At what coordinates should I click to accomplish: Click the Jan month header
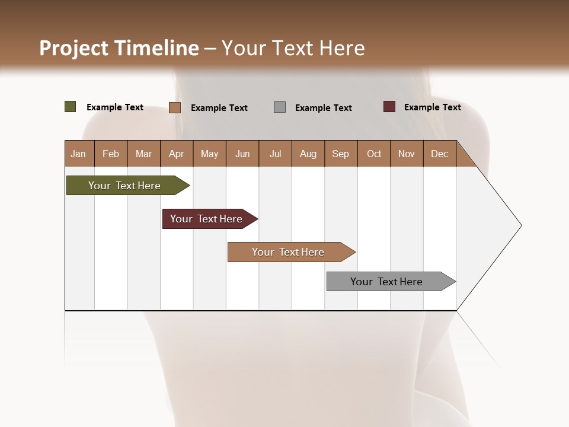click(78, 154)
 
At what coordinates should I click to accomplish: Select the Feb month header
click(111, 154)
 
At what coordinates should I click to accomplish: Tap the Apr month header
click(176, 154)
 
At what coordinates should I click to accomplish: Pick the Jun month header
click(242, 154)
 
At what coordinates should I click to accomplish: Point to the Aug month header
click(308, 154)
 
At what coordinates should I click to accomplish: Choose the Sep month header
click(340, 154)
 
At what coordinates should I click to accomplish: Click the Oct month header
click(374, 154)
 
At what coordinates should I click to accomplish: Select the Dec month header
click(439, 154)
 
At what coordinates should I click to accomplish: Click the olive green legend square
click(70, 107)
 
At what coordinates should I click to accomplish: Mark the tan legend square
click(175, 107)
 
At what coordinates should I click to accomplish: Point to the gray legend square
click(280, 107)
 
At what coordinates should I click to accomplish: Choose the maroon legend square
click(389, 107)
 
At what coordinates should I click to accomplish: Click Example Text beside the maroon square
click(432, 107)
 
